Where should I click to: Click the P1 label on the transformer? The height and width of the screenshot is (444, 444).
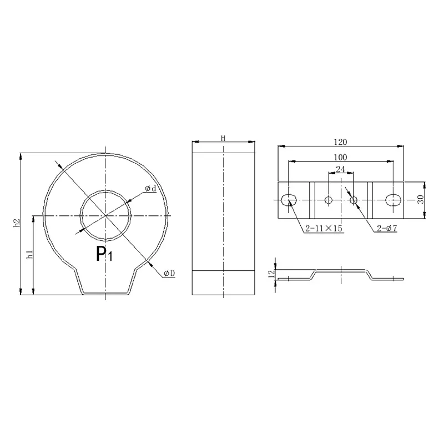[x=104, y=254]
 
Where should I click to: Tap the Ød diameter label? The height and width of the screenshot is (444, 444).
[x=150, y=189]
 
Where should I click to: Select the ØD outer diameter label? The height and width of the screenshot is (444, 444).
[x=169, y=273]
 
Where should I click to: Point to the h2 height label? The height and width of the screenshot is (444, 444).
[x=17, y=223]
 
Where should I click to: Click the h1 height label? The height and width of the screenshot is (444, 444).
[x=30, y=254]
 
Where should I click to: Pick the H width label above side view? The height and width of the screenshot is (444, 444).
[x=223, y=138]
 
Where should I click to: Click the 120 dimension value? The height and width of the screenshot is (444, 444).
[x=340, y=142]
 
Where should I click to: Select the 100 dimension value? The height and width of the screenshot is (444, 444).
[x=340, y=157]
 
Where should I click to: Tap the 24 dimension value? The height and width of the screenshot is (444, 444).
[x=340, y=169]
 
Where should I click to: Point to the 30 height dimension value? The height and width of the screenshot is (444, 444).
[x=421, y=199]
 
